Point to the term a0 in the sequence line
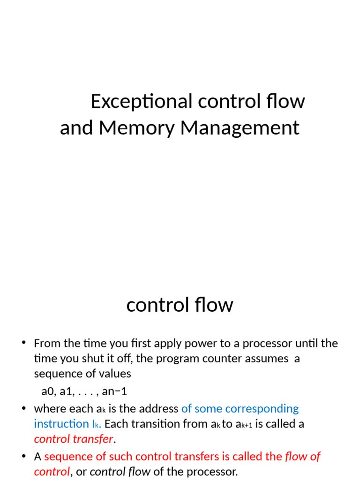click(x=48, y=391)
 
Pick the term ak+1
click(x=244, y=425)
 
